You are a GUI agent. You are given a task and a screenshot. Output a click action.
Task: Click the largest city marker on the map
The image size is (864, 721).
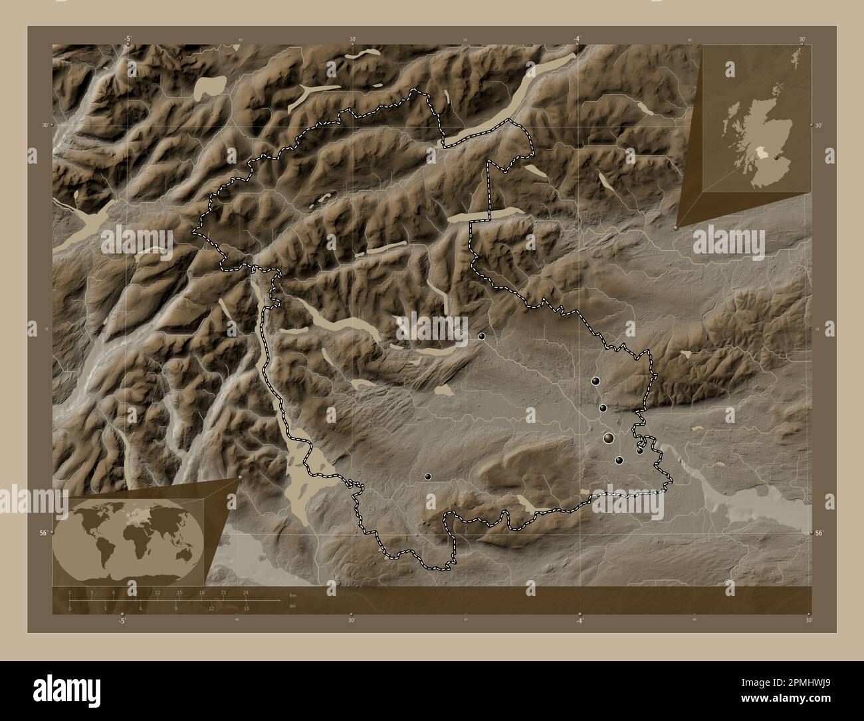click(x=609, y=437)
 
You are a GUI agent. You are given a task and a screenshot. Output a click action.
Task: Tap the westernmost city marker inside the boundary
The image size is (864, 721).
click(x=428, y=476)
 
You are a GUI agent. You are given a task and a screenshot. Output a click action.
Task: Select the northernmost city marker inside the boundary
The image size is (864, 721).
click(x=481, y=336)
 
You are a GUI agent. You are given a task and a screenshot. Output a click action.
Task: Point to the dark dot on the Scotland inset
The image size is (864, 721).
click(x=768, y=158)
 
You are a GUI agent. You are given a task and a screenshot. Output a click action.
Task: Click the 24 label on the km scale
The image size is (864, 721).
click(x=246, y=592)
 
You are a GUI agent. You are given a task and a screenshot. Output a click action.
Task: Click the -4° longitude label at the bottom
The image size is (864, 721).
click(x=580, y=621)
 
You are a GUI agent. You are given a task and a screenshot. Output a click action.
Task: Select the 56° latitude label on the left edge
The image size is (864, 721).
click(x=44, y=533)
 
